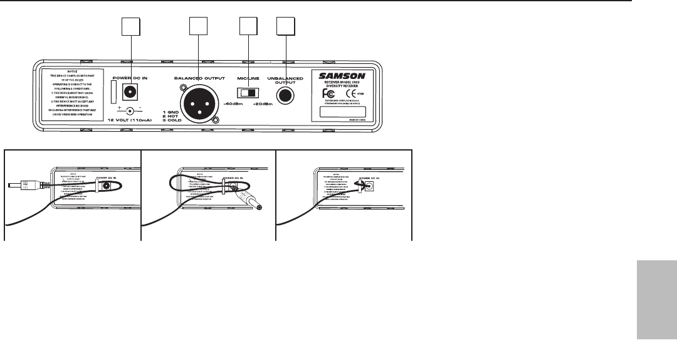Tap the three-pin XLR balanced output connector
[x=198, y=103]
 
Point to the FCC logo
[x=327, y=95]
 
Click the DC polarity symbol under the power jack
[x=130, y=109]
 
